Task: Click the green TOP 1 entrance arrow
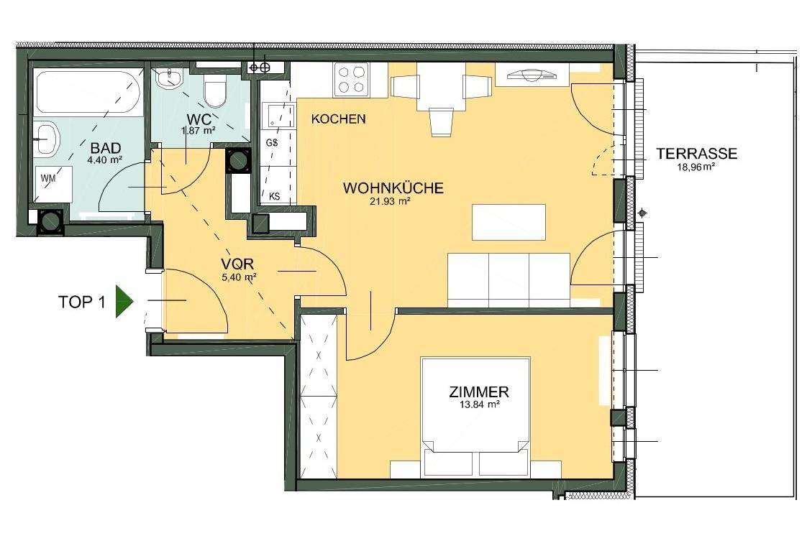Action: click(124, 301)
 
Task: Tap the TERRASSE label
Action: click(696, 153)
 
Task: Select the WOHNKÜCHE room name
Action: click(393, 188)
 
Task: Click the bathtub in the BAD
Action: click(88, 92)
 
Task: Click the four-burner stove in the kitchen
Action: click(351, 78)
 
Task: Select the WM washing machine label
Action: click(48, 178)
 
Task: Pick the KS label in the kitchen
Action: click(274, 196)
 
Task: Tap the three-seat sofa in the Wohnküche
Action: click(509, 280)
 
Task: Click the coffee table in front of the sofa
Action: click(509, 222)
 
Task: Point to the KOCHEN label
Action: click(338, 119)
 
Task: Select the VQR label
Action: click(237, 264)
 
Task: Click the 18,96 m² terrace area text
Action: click(696, 167)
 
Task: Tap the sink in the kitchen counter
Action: click(278, 115)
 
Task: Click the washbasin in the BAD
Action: click(47, 138)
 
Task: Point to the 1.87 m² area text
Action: click(198, 131)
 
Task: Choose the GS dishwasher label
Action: click(272, 142)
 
